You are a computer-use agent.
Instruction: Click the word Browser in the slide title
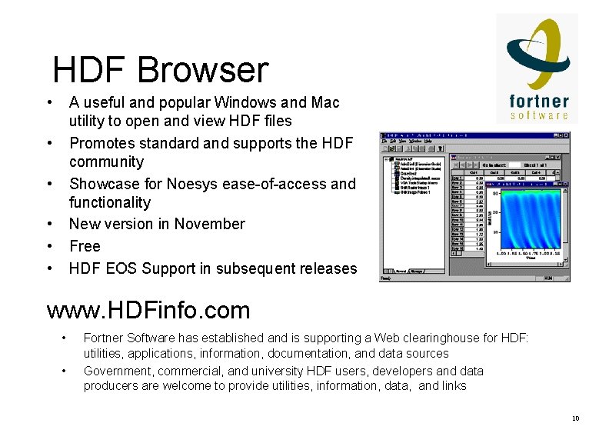[x=203, y=70]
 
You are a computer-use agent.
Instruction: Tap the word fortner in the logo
[x=539, y=101]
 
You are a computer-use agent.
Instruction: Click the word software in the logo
[x=539, y=115]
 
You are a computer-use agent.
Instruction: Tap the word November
[x=209, y=224]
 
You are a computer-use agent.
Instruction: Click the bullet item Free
[x=85, y=246]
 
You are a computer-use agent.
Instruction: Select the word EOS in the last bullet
[x=121, y=268]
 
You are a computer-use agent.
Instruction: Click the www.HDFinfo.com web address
[x=148, y=311]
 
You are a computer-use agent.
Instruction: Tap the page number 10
[x=575, y=418]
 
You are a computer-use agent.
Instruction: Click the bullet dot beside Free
[x=49, y=246]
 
